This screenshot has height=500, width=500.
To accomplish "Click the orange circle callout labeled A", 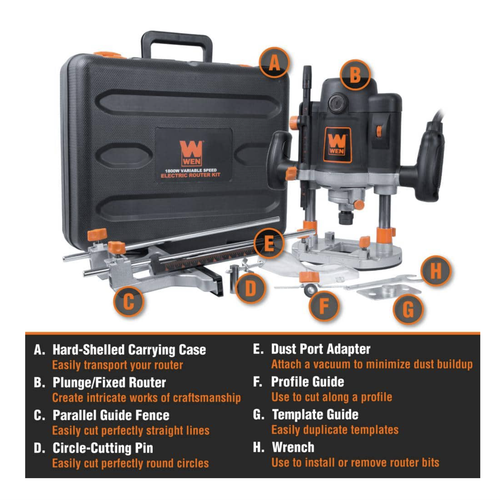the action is click(274, 63).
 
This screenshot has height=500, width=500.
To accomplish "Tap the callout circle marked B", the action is click(355, 75).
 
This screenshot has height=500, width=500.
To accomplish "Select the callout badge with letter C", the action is click(129, 301).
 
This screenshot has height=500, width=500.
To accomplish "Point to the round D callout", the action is click(251, 288).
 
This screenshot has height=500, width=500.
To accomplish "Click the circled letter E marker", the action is click(269, 243).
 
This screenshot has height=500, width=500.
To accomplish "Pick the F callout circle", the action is click(324, 306).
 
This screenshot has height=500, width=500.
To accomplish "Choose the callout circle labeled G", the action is click(408, 309).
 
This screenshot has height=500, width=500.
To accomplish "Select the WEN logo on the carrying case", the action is click(191, 153).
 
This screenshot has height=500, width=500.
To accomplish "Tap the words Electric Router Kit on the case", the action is click(191, 175).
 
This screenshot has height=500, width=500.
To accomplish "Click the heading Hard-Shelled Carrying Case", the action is click(129, 350).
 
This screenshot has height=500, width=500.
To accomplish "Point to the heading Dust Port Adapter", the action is click(321, 349).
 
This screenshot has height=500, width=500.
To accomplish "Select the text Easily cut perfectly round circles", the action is click(130, 463).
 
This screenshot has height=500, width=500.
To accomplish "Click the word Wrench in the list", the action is click(293, 447).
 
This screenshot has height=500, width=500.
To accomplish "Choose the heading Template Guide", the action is click(315, 414).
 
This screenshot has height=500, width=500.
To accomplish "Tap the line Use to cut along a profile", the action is click(332, 397).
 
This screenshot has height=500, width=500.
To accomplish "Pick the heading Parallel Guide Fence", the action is click(111, 415).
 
